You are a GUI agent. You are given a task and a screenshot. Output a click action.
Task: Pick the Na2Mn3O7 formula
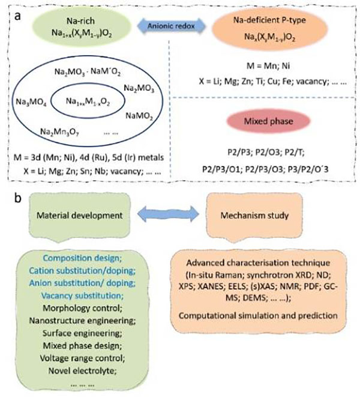(x=61, y=130)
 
